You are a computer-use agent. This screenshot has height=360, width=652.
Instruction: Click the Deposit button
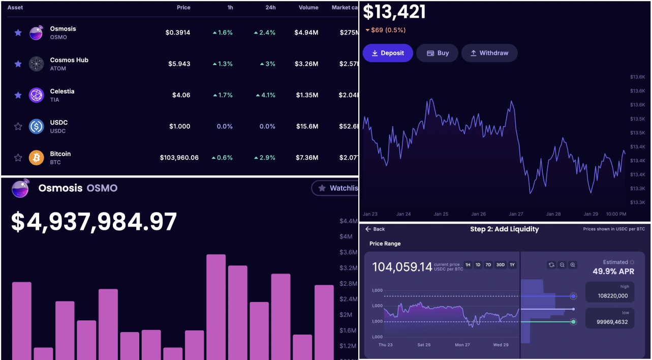point(388,53)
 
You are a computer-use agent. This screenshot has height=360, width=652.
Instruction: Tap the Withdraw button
point(489,53)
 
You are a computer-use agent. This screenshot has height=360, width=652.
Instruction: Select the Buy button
point(437,53)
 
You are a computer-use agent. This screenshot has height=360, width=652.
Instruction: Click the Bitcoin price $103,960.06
point(179,158)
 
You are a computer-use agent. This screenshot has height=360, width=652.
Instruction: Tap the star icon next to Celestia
point(18,95)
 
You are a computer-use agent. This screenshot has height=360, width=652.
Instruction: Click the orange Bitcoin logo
point(37,158)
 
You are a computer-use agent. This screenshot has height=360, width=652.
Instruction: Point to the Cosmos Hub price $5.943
point(179,64)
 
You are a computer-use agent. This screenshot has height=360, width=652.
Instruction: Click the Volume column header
point(308,8)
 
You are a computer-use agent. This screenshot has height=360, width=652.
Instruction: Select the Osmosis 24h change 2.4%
point(265,33)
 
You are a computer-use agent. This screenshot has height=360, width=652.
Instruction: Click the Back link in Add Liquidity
point(375,229)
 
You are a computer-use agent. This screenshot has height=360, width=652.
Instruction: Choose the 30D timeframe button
point(500,265)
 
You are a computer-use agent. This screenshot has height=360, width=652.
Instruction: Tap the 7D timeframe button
point(488,265)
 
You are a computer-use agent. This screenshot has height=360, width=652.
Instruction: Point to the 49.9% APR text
point(613,272)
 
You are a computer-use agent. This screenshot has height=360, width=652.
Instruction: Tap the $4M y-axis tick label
point(346,236)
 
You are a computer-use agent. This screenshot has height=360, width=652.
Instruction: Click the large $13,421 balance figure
point(394,12)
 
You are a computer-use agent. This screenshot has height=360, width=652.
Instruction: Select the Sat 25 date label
point(424,345)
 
